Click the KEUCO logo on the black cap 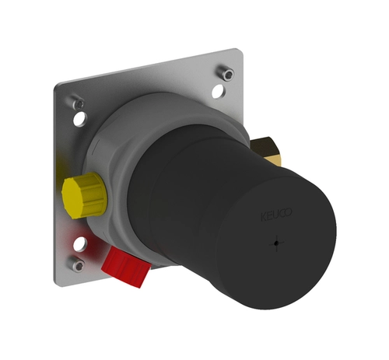pyautogui.click(x=276, y=215)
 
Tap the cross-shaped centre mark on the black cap pyautogui.click(x=276, y=243)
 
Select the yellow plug pyautogui.click(x=85, y=195)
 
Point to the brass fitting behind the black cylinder pyautogui.click(x=266, y=151)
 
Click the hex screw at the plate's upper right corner pyautogui.click(x=226, y=72)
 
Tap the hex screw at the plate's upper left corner pyautogui.click(x=78, y=103)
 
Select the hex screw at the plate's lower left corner pyautogui.click(x=77, y=264)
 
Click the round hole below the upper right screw pyautogui.click(x=219, y=92)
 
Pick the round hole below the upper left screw pyautogui.click(x=80, y=118)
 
